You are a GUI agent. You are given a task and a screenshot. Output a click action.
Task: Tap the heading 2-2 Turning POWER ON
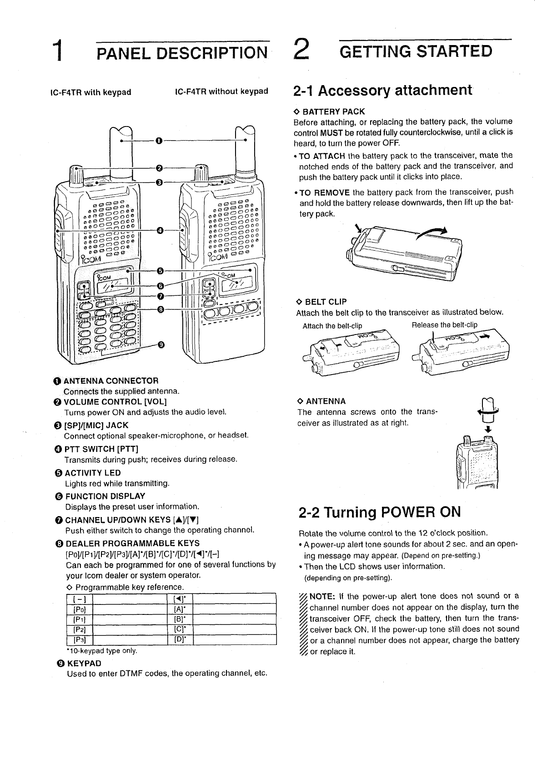pos(380,512)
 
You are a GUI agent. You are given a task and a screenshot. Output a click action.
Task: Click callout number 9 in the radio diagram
pos(161,345)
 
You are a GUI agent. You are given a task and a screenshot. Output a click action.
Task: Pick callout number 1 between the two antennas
pos(158,140)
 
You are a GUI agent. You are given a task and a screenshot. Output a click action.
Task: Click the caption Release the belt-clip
pos(444,325)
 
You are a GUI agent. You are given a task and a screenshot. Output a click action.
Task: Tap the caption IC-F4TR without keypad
pos(221,91)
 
